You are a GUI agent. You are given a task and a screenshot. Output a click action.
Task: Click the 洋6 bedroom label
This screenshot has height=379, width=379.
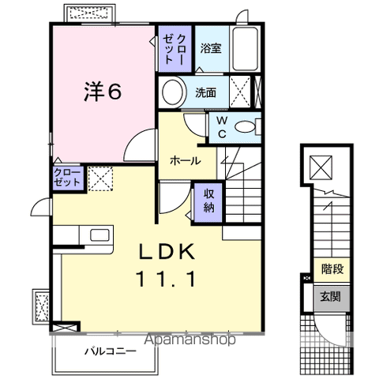click(103, 92)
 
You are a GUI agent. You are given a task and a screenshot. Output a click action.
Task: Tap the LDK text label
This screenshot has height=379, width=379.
click(167, 252)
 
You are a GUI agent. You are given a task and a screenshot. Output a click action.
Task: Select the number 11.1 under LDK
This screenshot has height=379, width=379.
click(166, 279)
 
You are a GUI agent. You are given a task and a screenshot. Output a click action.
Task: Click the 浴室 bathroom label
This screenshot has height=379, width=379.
click(211, 48)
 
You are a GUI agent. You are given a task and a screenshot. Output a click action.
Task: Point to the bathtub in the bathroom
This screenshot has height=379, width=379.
click(245, 48)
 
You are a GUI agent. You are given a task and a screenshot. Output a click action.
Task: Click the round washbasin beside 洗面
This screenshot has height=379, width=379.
click(173, 92)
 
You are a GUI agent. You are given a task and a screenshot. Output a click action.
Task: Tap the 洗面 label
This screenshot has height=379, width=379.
click(205, 92)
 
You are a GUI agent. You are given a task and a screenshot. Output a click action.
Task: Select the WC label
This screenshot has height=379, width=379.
click(223, 127)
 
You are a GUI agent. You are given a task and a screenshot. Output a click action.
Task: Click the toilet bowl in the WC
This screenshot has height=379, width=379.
click(245, 127)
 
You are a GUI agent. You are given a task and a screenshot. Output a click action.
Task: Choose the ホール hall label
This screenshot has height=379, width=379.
click(186, 160)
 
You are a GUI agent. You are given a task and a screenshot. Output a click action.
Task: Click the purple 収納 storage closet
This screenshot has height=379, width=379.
click(208, 202)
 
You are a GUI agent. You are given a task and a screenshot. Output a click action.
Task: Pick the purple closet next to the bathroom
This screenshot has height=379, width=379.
click(175, 48)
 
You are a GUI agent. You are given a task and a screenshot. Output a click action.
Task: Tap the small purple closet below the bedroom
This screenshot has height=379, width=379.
click(68, 178)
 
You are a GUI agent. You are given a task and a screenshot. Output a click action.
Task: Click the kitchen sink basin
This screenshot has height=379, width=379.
click(99, 235)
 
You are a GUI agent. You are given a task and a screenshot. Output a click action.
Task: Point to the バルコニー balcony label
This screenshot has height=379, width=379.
click(111, 351)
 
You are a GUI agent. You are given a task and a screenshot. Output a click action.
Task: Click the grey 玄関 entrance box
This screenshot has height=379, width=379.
click(332, 298)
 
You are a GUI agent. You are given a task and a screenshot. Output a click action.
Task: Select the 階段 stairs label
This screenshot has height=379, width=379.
click(332, 269)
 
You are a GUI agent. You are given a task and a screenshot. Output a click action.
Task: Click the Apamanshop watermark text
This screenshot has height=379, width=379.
click(190, 340)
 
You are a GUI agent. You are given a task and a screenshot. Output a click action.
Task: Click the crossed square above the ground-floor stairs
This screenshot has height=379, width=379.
click(321, 167)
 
